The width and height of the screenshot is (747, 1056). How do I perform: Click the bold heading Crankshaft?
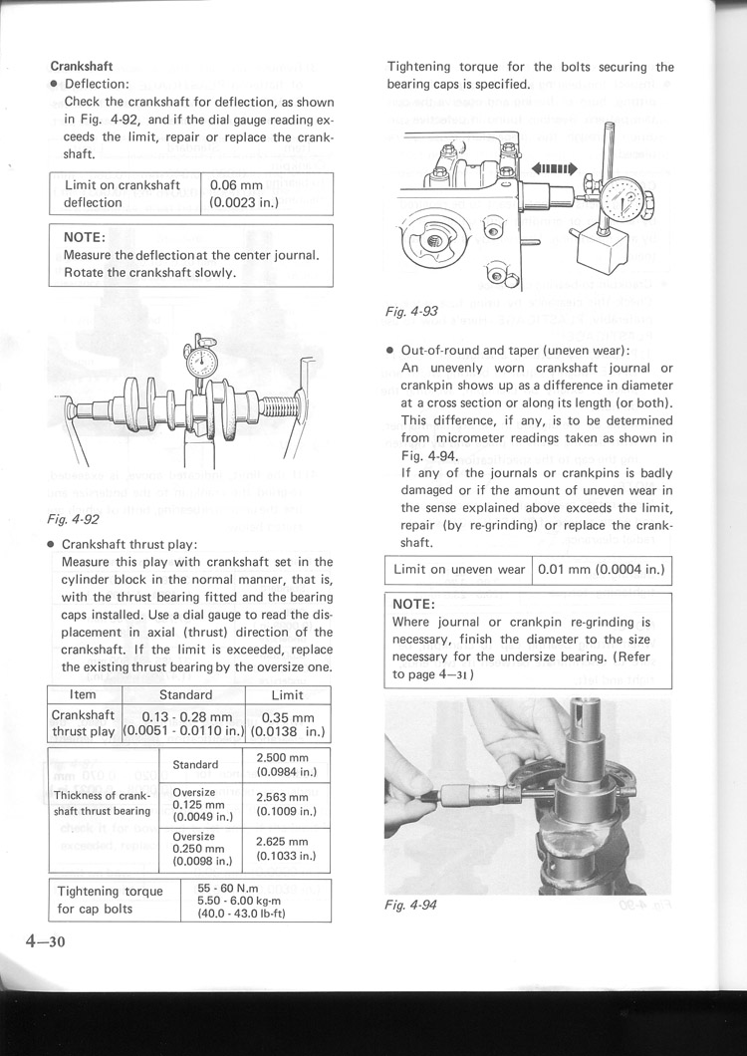click(81, 67)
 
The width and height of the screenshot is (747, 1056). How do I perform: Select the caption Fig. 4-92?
click(73, 519)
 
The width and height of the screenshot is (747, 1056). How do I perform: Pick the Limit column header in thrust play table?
click(288, 694)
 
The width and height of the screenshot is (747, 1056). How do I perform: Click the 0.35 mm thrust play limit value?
click(288, 717)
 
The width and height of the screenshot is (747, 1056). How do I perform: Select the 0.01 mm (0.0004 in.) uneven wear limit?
click(602, 570)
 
